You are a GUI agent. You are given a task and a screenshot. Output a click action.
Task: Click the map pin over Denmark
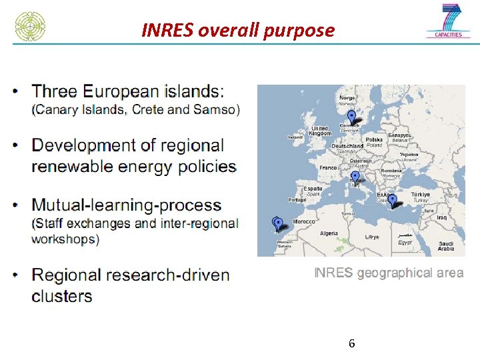351,117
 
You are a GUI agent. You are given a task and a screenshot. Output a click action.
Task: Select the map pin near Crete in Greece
392,200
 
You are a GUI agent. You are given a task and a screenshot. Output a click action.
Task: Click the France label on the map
328,168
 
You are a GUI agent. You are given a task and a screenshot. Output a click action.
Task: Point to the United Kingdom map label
320,131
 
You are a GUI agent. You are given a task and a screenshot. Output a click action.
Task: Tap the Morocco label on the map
305,221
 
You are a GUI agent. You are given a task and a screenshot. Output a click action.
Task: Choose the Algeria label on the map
329,233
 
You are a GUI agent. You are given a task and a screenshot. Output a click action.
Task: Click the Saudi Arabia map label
446,246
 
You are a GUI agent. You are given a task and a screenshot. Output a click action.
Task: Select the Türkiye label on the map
421,194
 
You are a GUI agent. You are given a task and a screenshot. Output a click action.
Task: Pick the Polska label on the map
374,140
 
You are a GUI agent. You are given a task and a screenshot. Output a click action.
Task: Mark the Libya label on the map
371,237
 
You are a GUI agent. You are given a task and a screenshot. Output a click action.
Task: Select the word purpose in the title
304,31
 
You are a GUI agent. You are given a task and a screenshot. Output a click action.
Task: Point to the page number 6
351,344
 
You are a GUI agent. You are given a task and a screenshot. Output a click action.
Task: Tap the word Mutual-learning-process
127,205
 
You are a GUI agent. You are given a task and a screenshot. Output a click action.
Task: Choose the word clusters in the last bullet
62,295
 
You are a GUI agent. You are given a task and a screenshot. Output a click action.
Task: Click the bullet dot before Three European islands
16,91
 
